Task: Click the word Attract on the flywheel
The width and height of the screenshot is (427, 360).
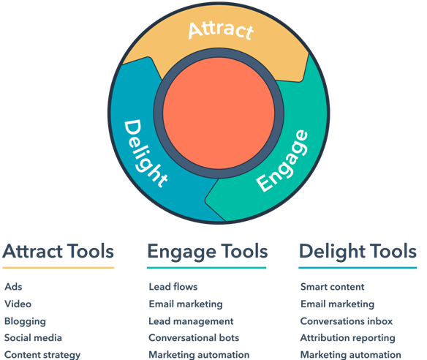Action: click(221, 31)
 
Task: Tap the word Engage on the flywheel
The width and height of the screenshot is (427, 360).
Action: click(282, 160)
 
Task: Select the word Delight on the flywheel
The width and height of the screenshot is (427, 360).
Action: click(146, 154)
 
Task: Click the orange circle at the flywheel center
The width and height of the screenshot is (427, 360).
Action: click(219, 113)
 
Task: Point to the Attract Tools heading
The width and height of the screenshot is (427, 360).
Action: click(58, 251)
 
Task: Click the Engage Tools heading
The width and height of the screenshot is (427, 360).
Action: click(208, 252)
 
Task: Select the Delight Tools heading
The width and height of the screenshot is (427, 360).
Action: click(358, 252)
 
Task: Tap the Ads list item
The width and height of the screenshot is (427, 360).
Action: click(13, 287)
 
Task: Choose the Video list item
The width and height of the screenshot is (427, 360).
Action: click(18, 304)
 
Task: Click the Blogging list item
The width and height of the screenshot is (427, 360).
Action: click(25, 321)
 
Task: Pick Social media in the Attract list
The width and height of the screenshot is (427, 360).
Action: click(33, 338)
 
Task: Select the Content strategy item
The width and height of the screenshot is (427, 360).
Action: click(42, 355)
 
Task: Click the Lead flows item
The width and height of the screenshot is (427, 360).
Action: click(173, 287)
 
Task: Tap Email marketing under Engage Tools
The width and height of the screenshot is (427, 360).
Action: click(186, 304)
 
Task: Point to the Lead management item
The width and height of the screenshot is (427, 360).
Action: click(191, 321)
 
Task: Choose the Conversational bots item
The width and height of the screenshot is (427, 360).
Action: click(194, 338)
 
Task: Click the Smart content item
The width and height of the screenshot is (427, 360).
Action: click(333, 287)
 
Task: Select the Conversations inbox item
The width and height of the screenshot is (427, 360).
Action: click(347, 321)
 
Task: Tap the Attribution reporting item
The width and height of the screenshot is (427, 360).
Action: click(348, 338)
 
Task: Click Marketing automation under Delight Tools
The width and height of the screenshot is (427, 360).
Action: click(351, 355)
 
